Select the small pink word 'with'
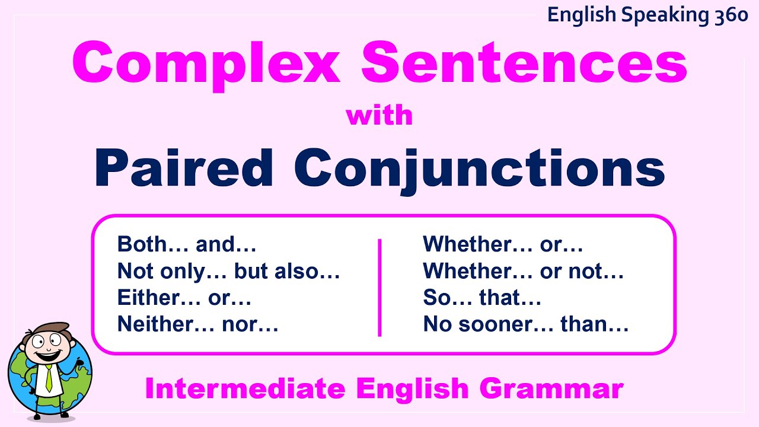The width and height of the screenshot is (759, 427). [x=379, y=115]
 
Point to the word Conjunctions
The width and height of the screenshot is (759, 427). [x=479, y=169]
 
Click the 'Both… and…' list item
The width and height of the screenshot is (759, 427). [x=187, y=244]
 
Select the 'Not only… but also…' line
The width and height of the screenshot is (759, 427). [x=228, y=272]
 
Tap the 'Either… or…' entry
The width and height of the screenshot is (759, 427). [x=184, y=298]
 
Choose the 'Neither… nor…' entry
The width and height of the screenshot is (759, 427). [x=197, y=324]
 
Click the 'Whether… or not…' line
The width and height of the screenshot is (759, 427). [x=523, y=272]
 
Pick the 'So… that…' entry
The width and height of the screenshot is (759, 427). [x=481, y=298]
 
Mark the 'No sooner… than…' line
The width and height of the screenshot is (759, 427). [x=525, y=324]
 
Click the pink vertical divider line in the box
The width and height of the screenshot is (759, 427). [x=379, y=288]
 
